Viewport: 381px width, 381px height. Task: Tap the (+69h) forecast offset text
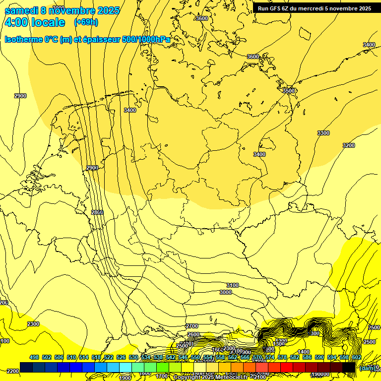(86, 22)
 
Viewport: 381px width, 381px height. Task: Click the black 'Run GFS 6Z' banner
(315, 8)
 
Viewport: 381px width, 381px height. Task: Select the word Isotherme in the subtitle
(23, 39)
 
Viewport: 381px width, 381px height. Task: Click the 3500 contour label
(288, 91)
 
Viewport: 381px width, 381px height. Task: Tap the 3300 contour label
(323, 133)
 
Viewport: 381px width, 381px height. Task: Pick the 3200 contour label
(349, 145)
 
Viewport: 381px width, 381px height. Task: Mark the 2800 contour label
(97, 212)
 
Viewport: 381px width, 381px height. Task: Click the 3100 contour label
(232, 285)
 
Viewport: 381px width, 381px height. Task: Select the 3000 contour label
(225, 292)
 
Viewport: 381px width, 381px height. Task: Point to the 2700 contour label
(192, 326)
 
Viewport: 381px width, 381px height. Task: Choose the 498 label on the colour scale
(34, 357)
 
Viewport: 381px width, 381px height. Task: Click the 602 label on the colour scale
(356, 357)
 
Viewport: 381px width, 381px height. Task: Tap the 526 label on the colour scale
(121, 357)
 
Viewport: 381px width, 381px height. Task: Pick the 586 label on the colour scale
(307, 357)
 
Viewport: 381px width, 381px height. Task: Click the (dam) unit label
(367, 368)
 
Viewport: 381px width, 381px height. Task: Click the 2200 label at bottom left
(13, 371)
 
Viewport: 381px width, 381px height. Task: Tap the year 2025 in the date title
(108, 10)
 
